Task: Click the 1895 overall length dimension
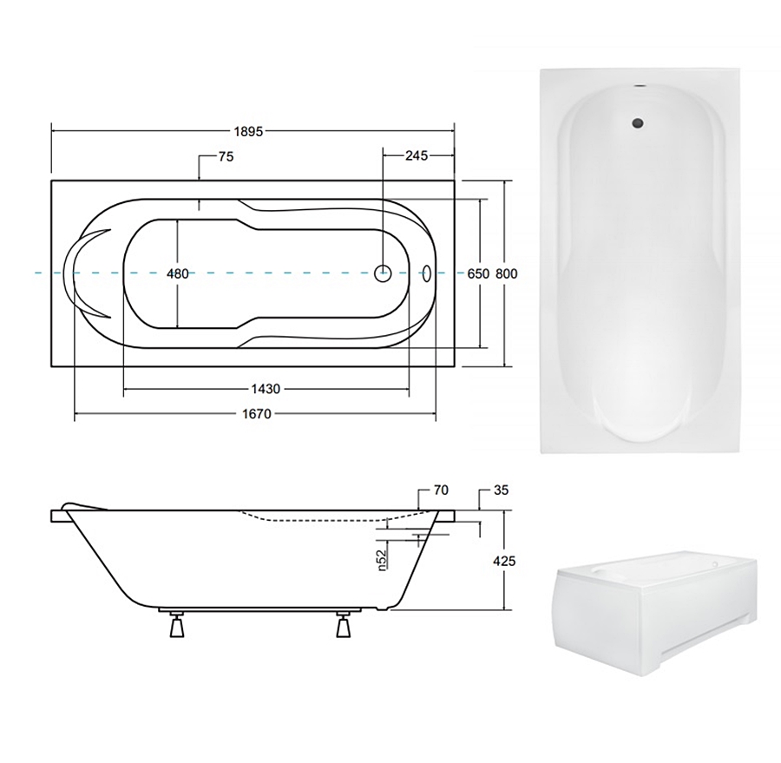[x=248, y=132]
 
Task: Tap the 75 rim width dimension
[x=226, y=156]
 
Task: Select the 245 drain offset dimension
[x=417, y=156]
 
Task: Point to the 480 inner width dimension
[x=178, y=273]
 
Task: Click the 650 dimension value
[x=478, y=273]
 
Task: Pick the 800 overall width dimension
[x=507, y=273]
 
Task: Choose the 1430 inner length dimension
[x=266, y=389]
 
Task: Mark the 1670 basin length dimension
[x=257, y=414]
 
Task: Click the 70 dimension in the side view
[x=441, y=490]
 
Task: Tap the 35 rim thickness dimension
[x=501, y=490]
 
